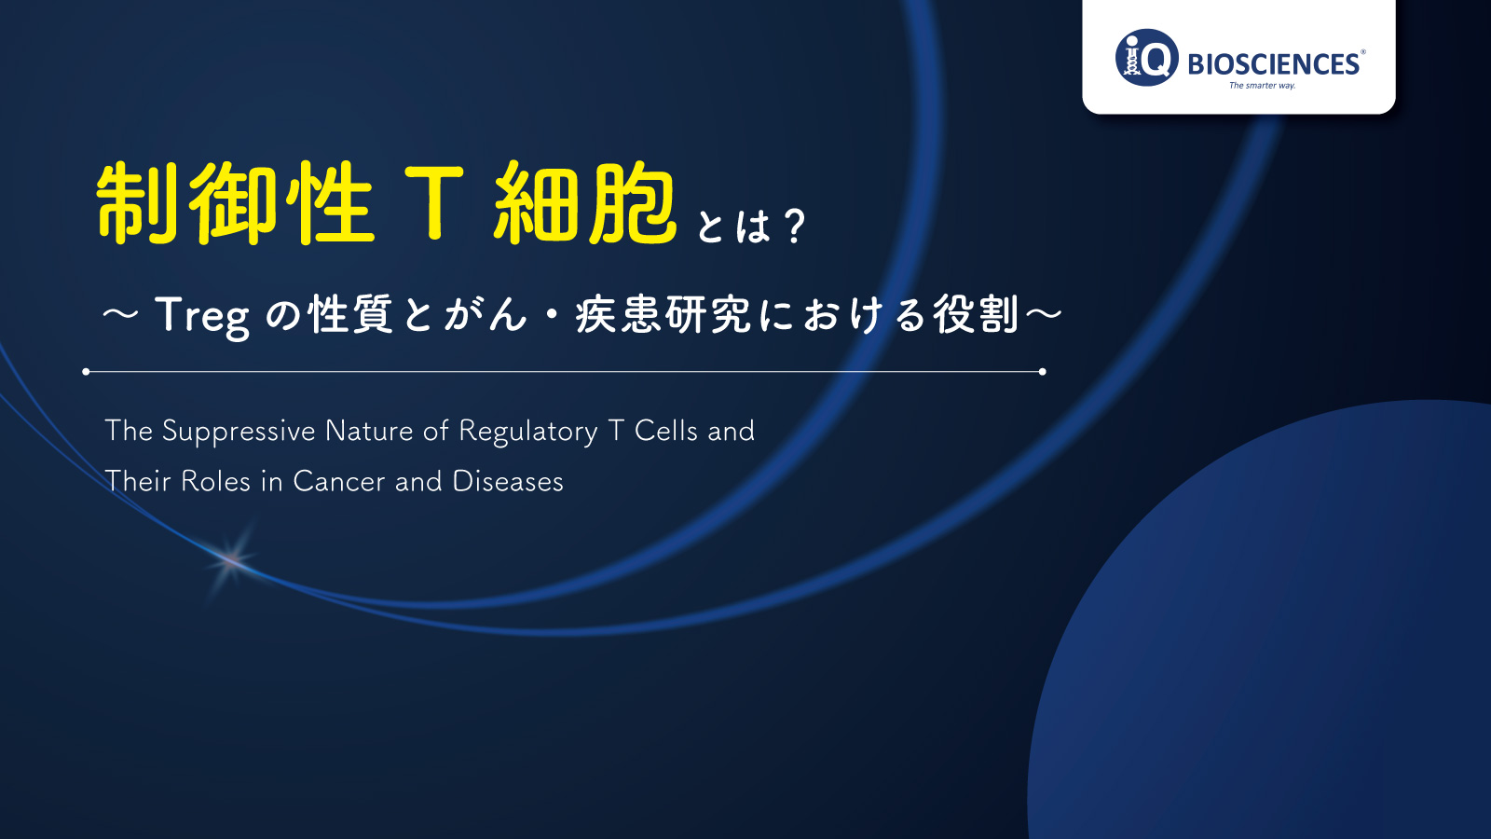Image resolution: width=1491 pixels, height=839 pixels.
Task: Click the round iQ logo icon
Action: click(x=1147, y=57)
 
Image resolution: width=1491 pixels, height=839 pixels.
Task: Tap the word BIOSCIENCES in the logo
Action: click(x=1273, y=64)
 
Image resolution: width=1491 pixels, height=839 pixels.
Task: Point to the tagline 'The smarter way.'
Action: click(x=1262, y=85)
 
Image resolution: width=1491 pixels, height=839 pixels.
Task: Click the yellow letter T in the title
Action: click(x=434, y=202)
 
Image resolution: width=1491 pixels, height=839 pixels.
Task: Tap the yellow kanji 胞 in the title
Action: click(x=633, y=202)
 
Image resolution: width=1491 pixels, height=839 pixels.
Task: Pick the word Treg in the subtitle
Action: click(x=202, y=315)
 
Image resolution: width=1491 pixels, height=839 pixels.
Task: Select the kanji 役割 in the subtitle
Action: click(x=976, y=314)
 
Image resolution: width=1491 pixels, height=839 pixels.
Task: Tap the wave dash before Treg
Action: click(x=120, y=314)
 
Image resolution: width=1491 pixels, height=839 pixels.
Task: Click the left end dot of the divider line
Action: click(x=86, y=372)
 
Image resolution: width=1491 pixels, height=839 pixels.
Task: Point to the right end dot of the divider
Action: click(x=1043, y=372)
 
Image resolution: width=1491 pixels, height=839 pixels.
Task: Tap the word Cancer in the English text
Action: click(x=339, y=481)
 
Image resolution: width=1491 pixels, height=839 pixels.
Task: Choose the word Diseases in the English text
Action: click(x=508, y=481)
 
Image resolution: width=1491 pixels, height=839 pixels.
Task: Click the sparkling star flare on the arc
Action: click(x=230, y=560)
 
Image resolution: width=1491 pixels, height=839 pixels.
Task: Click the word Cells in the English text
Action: click(x=665, y=431)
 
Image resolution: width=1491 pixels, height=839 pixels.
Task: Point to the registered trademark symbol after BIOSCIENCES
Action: click(x=1362, y=51)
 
